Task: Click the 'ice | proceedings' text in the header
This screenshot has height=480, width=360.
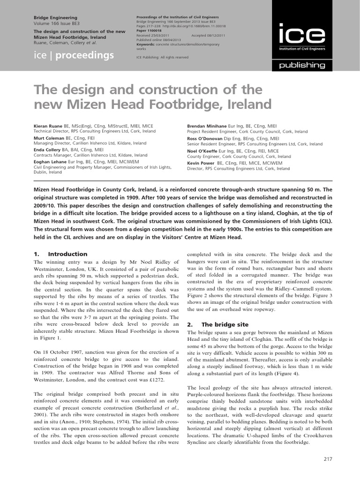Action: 74,56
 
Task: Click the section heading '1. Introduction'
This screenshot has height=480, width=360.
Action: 60,254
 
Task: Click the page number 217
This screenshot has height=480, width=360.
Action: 328,458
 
